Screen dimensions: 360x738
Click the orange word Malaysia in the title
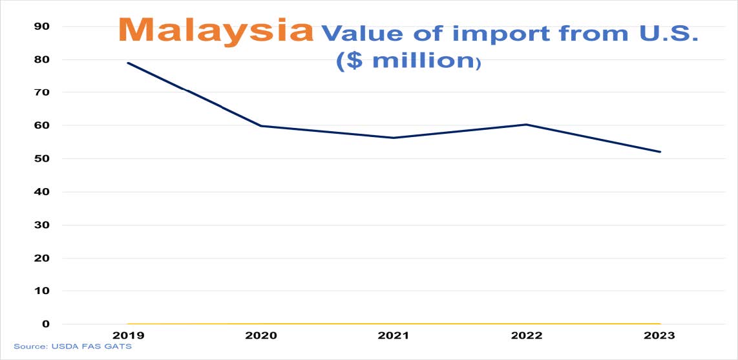pyautogui.click(x=216, y=31)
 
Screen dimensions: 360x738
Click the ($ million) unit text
pyautogui.click(x=408, y=61)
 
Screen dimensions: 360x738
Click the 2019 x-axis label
pyautogui.click(x=128, y=335)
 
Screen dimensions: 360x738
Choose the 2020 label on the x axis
pyautogui.click(x=261, y=335)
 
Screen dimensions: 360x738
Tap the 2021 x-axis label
pyautogui.click(x=394, y=335)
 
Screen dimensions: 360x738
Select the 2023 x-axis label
pyautogui.click(x=660, y=335)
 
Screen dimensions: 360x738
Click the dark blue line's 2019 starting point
pyautogui.click(x=128, y=63)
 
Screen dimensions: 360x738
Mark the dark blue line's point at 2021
pyautogui.click(x=394, y=138)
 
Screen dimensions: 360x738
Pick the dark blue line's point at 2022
pyautogui.click(x=527, y=124)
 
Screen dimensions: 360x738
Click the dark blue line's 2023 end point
pyautogui.click(x=660, y=152)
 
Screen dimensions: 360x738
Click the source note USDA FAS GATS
pyautogui.click(x=73, y=347)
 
